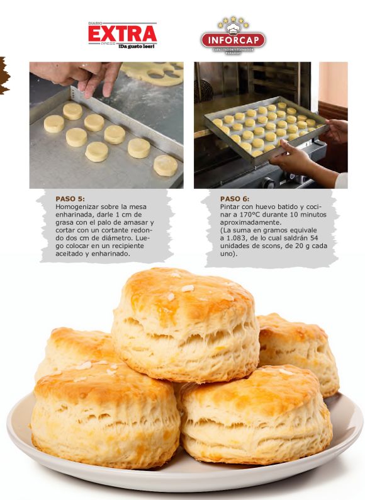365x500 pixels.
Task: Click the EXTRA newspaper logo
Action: pos(123,35)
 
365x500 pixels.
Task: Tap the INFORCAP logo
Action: pos(233,36)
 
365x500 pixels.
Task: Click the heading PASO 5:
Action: pos(70,199)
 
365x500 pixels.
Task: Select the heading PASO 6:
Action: pos(235,199)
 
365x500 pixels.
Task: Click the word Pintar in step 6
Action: pos(230,207)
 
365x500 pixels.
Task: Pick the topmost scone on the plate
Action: pos(186,326)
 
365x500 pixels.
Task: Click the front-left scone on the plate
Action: pos(105,414)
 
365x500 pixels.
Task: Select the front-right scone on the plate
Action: pos(255,414)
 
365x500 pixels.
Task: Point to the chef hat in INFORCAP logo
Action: pos(233,29)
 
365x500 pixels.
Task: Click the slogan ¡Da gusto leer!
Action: pos(137,46)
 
